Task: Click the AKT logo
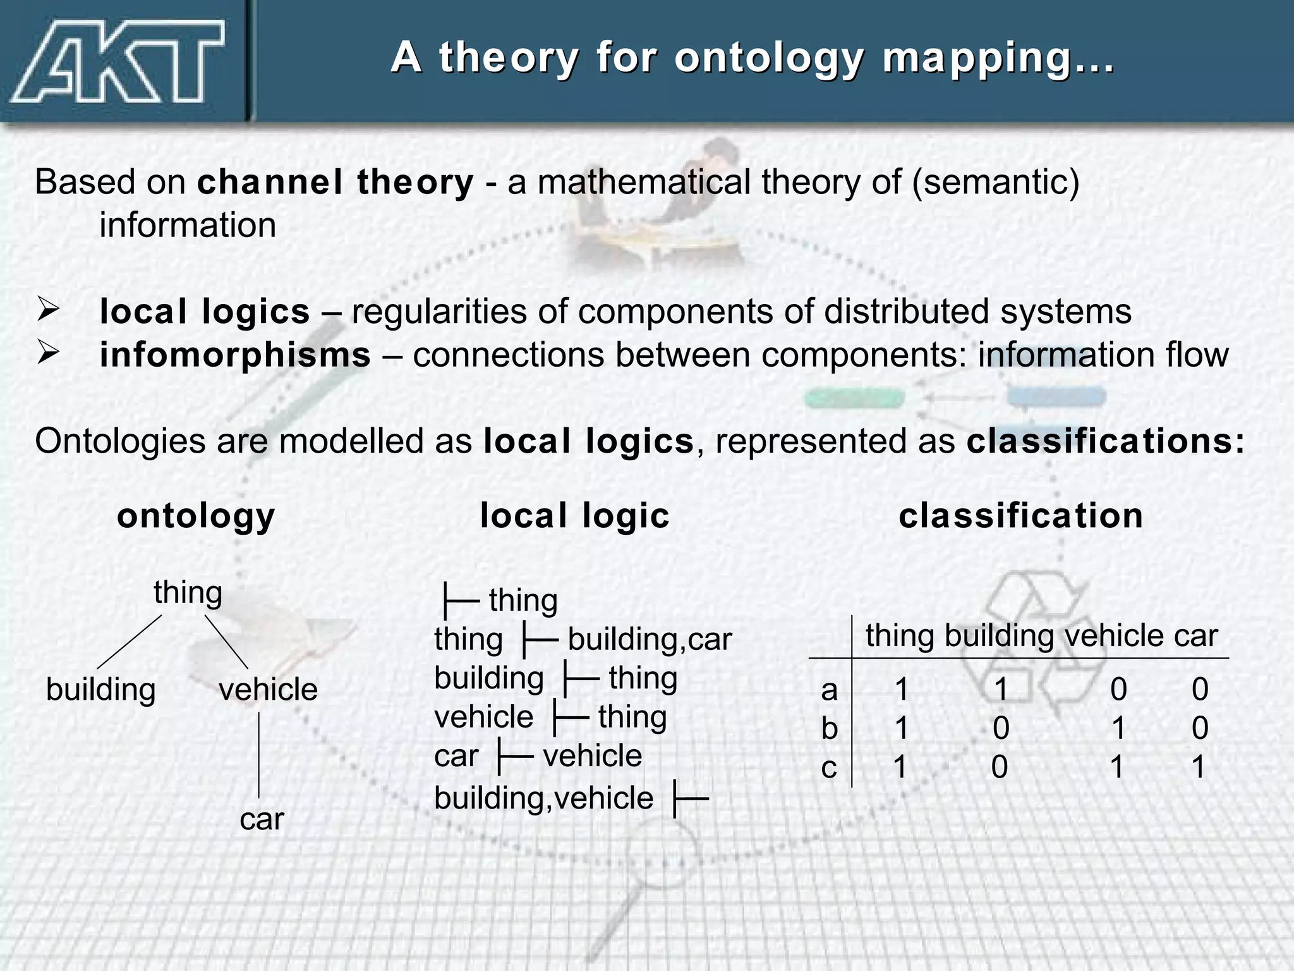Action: [x=117, y=62]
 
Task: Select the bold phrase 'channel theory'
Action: [x=335, y=183]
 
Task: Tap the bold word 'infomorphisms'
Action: [x=235, y=355]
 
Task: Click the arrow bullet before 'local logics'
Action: [x=48, y=311]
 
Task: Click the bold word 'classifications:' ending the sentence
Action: [x=1105, y=441]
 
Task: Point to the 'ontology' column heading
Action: [x=196, y=516]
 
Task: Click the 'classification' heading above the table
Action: [x=1020, y=516]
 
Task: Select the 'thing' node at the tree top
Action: [x=188, y=593]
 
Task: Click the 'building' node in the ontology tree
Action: [x=101, y=689]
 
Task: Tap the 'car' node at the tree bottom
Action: [x=262, y=819]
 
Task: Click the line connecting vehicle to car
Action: [x=259, y=755]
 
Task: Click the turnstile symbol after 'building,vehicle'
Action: [x=691, y=800]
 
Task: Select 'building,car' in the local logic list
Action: [x=650, y=639]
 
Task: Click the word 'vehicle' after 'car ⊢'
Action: [x=592, y=756]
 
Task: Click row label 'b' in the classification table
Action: [x=829, y=728]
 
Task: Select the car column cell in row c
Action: [x=1198, y=767]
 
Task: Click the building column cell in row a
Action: [x=1001, y=689]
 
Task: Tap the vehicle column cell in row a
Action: [x=1118, y=689]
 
